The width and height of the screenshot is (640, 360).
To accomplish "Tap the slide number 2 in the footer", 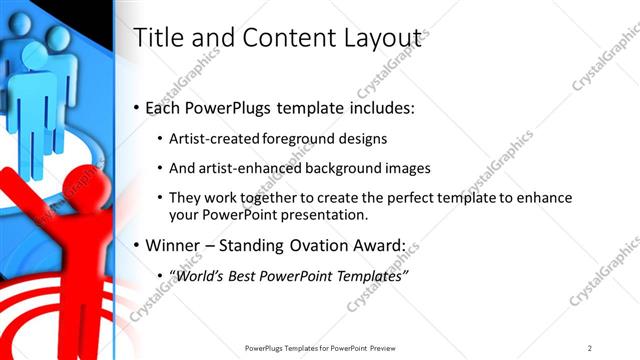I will click(x=590, y=347).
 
